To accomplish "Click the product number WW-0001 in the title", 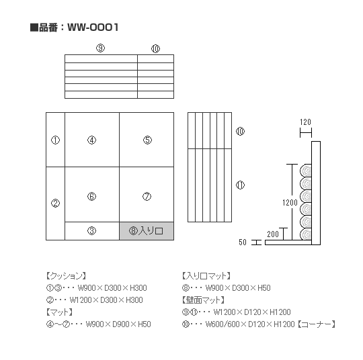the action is pyautogui.click(x=93, y=28).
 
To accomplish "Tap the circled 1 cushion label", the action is pyautogui.click(x=55, y=140).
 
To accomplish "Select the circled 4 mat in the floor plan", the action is pyautogui.click(x=91, y=140).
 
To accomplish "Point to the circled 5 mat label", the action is pyautogui.click(x=147, y=140).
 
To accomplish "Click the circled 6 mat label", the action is pyautogui.click(x=91, y=197).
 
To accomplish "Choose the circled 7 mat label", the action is pyautogui.click(x=147, y=197).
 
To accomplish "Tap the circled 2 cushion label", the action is pyautogui.click(x=55, y=203).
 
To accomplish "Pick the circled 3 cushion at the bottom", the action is pyautogui.click(x=91, y=230).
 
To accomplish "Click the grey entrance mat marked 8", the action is pyautogui.click(x=147, y=231).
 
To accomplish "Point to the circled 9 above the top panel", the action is pyautogui.click(x=100, y=48).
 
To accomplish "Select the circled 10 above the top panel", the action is pyautogui.click(x=155, y=48).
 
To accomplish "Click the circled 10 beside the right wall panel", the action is pyautogui.click(x=240, y=132).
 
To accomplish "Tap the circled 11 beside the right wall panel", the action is pyautogui.click(x=240, y=185).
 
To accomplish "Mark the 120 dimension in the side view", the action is pyautogui.click(x=305, y=122).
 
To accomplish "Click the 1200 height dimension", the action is pyautogui.click(x=290, y=203).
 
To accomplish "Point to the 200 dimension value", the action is pyautogui.click(x=273, y=234).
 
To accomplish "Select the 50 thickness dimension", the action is pyautogui.click(x=243, y=242).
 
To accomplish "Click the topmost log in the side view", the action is pyautogui.click(x=306, y=171).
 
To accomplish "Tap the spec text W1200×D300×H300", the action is pyautogui.click(x=106, y=300).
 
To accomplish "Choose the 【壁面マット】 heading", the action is pyautogui.click(x=203, y=300).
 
